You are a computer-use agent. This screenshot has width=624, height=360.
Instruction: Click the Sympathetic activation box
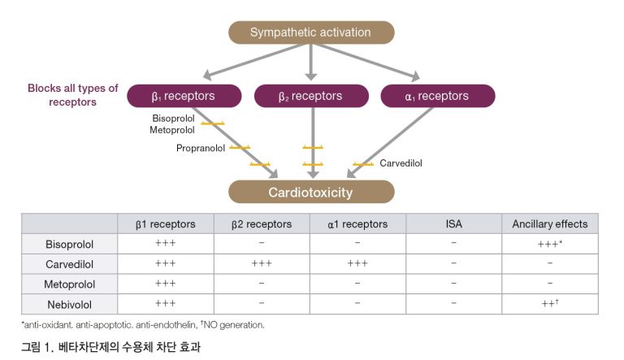pos(310,33)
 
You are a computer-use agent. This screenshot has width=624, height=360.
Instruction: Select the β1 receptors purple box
pos(184,97)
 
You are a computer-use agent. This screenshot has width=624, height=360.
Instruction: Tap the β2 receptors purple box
pos(310,97)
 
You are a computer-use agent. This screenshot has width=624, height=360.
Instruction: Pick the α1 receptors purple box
pos(437,97)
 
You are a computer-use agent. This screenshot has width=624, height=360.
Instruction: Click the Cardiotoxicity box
pos(310,193)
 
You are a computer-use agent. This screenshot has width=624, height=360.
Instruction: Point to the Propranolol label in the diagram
pos(201,149)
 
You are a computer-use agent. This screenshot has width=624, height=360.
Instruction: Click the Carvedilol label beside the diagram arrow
pos(401,163)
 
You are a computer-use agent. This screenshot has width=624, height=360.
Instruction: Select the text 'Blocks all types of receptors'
pos(73,96)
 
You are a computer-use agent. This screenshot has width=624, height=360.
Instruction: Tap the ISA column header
pos(453,224)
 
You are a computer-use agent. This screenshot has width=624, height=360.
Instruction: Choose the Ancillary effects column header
pos(549,224)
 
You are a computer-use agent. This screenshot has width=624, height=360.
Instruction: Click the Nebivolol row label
pos(70,304)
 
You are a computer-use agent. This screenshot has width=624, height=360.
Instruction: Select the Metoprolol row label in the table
pos(70,284)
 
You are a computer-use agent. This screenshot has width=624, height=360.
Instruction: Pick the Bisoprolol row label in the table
pos(70,244)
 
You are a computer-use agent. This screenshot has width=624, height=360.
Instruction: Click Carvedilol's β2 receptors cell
pos(261,264)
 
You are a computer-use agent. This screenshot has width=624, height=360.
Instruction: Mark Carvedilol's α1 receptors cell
pos(357,264)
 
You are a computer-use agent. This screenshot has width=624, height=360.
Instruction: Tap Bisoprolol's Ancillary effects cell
pos(549,244)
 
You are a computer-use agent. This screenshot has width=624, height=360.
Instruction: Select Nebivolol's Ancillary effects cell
pos(549,304)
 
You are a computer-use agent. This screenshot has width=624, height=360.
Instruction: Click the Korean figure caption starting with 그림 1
pos(110,347)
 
